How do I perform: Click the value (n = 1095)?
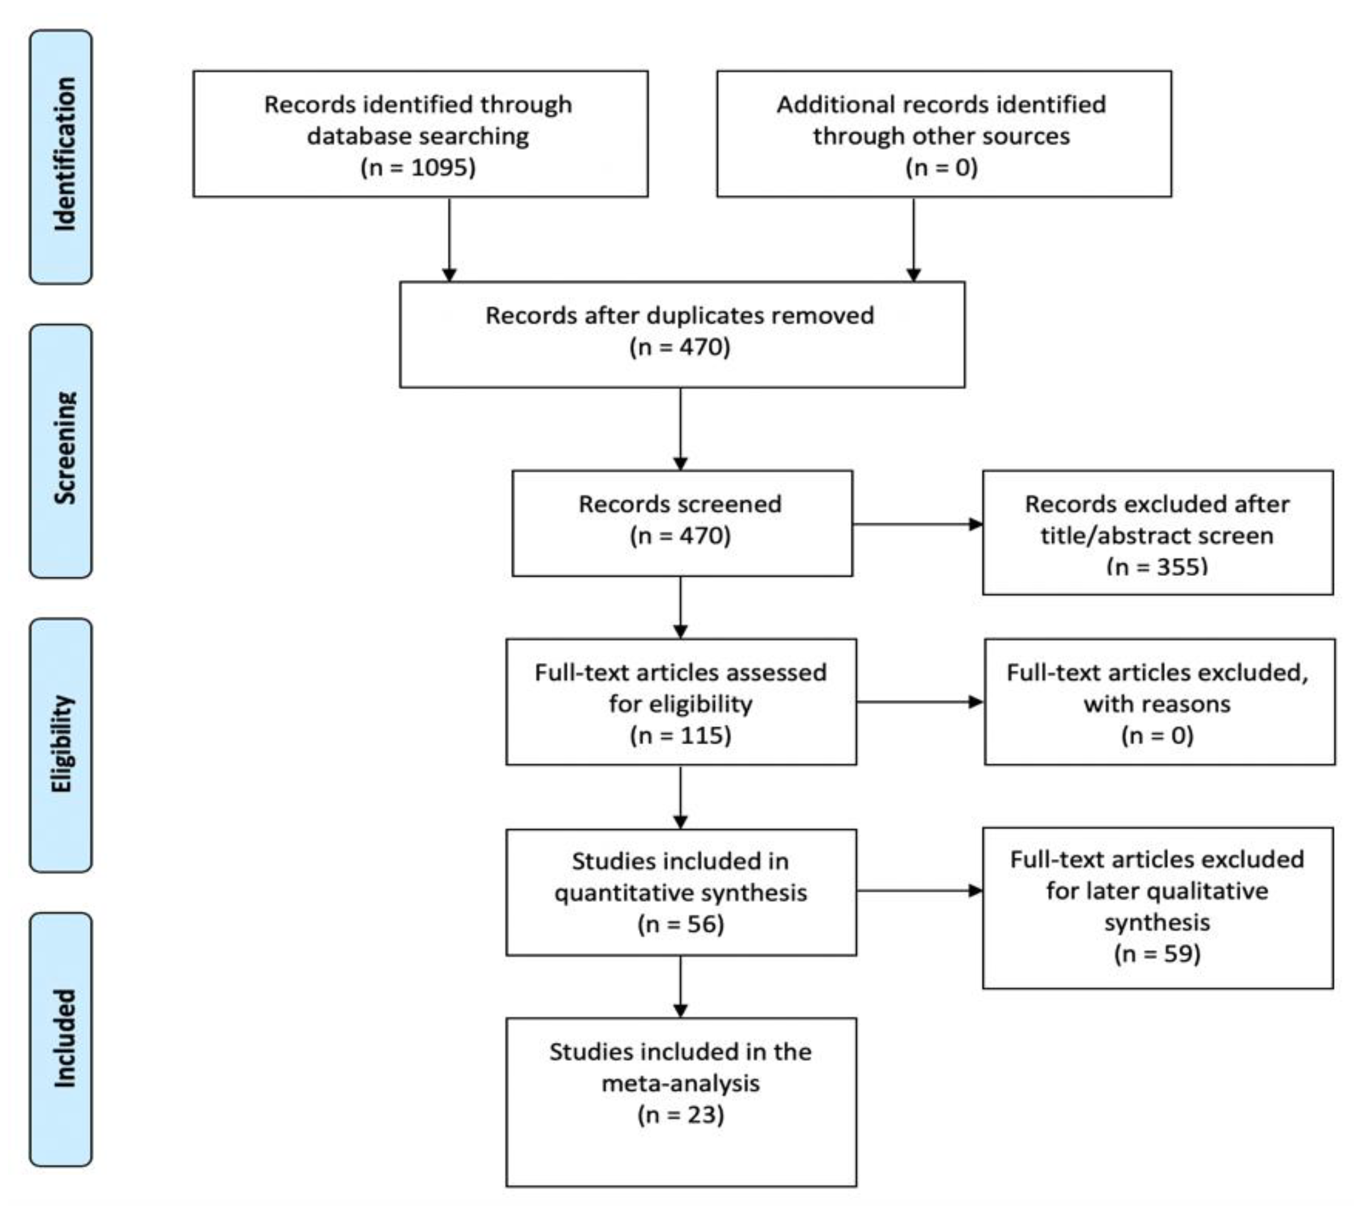click(x=418, y=167)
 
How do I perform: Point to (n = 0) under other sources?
click(x=941, y=167)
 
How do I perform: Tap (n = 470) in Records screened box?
click(x=680, y=535)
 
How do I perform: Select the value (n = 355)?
click(x=1157, y=567)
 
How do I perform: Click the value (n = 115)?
click(x=680, y=735)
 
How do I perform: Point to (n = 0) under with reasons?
click(x=1157, y=735)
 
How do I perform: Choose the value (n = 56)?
click(x=680, y=924)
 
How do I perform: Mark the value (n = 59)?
click(x=1157, y=954)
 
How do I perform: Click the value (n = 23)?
click(x=680, y=1114)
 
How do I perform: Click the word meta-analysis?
click(x=680, y=1084)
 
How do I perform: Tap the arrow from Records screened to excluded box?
click(x=917, y=524)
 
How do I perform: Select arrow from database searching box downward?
click(x=450, y=239)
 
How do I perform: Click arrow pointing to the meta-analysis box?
click(x=680, y=986)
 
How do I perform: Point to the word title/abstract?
click(x=1103, y=535)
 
